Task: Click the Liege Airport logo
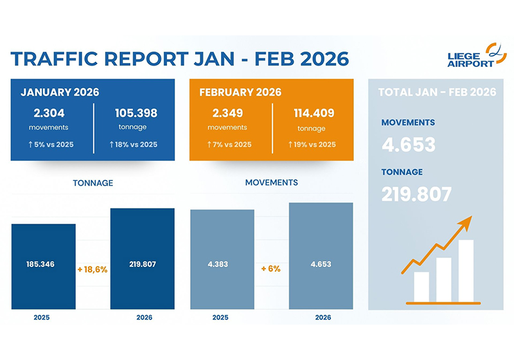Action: coord(472,55)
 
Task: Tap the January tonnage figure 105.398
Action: coord(136,113)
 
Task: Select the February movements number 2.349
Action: coord(229,113)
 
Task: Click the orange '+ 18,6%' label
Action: coord(93,269)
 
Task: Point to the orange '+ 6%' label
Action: coord(270,269)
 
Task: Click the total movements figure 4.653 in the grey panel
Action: coord(408,145)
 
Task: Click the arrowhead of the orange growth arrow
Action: coord(466,222)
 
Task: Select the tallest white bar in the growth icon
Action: coord(466,271)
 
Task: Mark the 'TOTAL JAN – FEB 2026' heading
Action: coord(437,92)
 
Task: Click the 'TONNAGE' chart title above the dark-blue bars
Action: coord(94,183)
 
